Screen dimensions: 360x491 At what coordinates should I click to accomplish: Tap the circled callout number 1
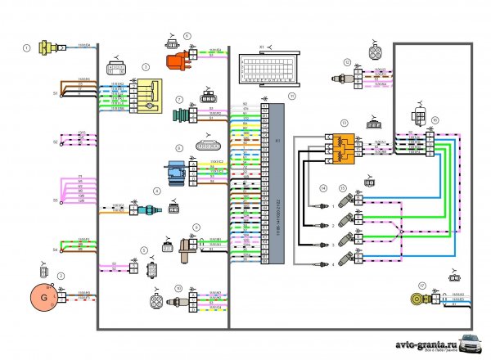(27, 48)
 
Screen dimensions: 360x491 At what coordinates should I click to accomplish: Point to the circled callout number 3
(145, 66)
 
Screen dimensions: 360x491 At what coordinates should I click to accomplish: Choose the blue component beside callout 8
(173, 172)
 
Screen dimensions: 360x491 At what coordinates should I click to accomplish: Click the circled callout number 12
(347, 62)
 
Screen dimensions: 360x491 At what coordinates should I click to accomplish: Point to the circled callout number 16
(435, 119)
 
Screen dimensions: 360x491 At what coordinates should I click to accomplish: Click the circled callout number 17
(422, 286)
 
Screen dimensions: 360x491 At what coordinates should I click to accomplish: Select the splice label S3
(56, 200)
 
